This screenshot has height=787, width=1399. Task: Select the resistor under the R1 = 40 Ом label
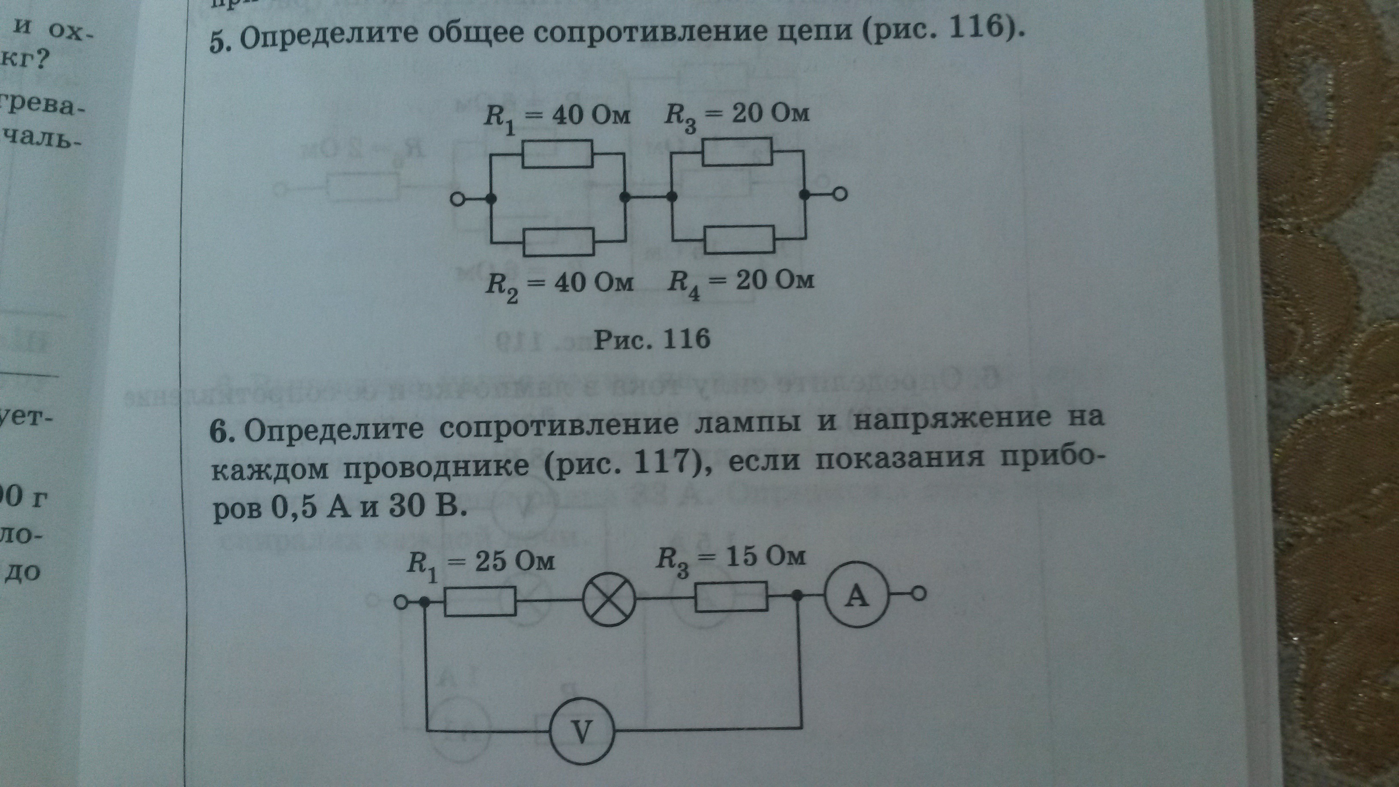557,154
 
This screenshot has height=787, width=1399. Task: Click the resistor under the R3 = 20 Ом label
737,152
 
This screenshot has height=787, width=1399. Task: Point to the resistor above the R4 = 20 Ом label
740,240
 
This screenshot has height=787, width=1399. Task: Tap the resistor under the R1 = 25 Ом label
480,602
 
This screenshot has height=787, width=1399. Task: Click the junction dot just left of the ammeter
797,596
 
